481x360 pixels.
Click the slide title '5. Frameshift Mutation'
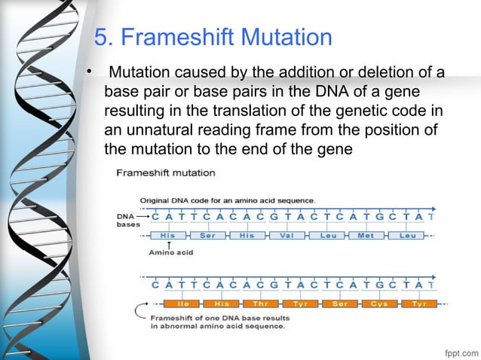[x=213, y=37]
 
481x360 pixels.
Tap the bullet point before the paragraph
[x=87, y=73]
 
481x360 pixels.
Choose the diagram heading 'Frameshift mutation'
[x=165, y=172]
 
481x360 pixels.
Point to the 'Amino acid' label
[x=170, y=253]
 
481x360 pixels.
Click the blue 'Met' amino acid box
[x=366, y=235]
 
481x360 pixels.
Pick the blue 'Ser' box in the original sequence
[x=207, y=235]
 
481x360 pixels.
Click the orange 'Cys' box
[x=378, y=304]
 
